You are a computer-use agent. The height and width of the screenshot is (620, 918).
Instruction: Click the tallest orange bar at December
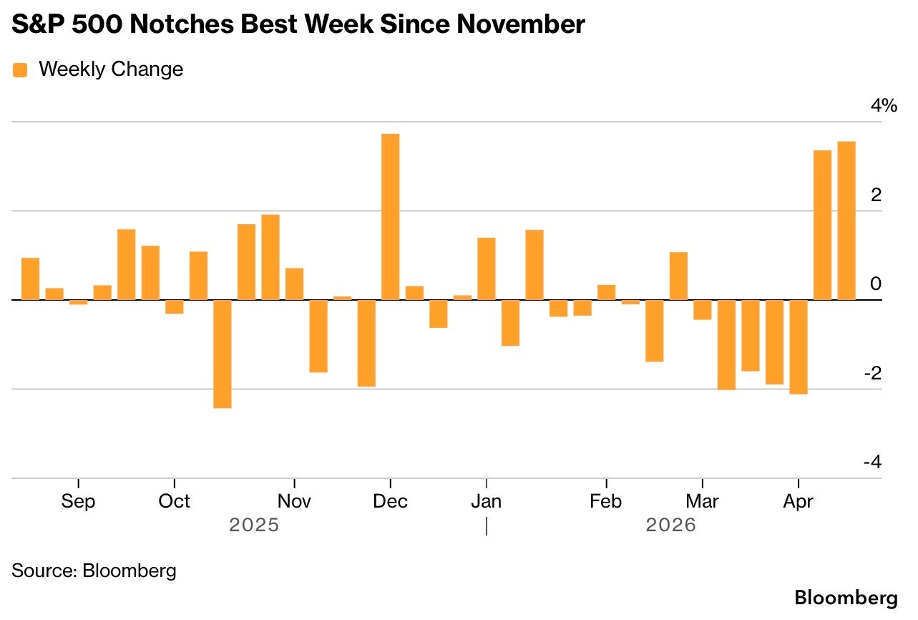click(x=390, y=216)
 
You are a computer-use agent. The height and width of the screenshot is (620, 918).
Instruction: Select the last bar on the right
click(x=846, y=221)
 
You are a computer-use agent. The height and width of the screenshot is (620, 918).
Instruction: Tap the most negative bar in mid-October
click(x=223, y=354)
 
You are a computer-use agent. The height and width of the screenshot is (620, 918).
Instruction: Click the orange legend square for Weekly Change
click(x=20, y=69)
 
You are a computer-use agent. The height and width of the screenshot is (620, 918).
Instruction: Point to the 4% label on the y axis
click(x=882, y=106)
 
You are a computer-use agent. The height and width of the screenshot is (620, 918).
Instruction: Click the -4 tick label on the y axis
click(x=872, y=462)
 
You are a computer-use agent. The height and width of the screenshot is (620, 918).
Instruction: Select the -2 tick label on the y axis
click(x=872, y=373)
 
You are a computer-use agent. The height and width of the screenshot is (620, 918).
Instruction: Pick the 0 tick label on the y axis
click(x=876, y=284)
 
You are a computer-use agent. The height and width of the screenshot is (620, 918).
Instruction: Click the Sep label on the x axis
click(x=78, y=501)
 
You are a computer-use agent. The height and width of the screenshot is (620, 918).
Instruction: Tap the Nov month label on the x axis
click(x=294, y=501)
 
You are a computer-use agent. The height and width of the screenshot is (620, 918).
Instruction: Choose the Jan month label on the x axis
click(x=487, y=501)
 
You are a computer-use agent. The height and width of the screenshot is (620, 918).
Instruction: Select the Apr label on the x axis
click(x=798, y=501)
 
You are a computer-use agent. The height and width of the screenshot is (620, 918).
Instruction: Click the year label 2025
click(x=253, y=525)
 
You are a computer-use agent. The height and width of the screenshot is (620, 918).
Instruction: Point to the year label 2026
click(x=670, y=525)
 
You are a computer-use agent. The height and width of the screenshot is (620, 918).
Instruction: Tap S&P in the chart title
click(x=36, y=24)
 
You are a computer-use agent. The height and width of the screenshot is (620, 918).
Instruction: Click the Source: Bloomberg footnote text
click(x=94, y=571)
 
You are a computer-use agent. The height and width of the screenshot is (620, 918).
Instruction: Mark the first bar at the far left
click(x=30, y=278)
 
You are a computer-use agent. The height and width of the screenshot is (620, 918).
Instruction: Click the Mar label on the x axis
click(x=703, y=501)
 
